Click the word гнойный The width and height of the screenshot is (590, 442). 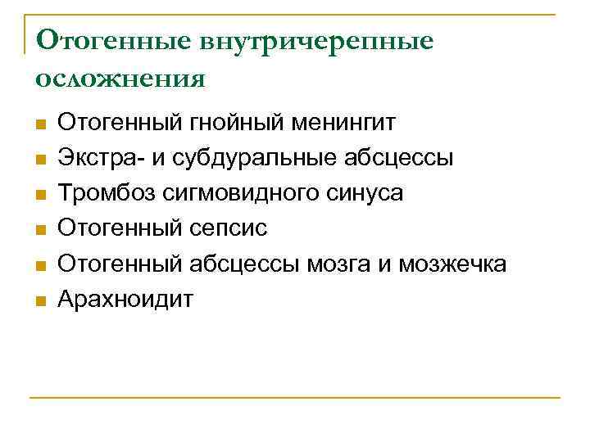[x=231, y=124]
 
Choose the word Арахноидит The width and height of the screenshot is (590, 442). [x=125, y=299]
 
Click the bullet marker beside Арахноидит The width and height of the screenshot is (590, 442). [x=39, y=301]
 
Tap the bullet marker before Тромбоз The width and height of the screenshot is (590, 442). [x=39, y=196]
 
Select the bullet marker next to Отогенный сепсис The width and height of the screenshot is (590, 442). [x=39, y=231]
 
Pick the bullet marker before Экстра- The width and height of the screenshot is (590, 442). [x=39, y=160]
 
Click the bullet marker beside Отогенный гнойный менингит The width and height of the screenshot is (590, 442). [x=39, y=126]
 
